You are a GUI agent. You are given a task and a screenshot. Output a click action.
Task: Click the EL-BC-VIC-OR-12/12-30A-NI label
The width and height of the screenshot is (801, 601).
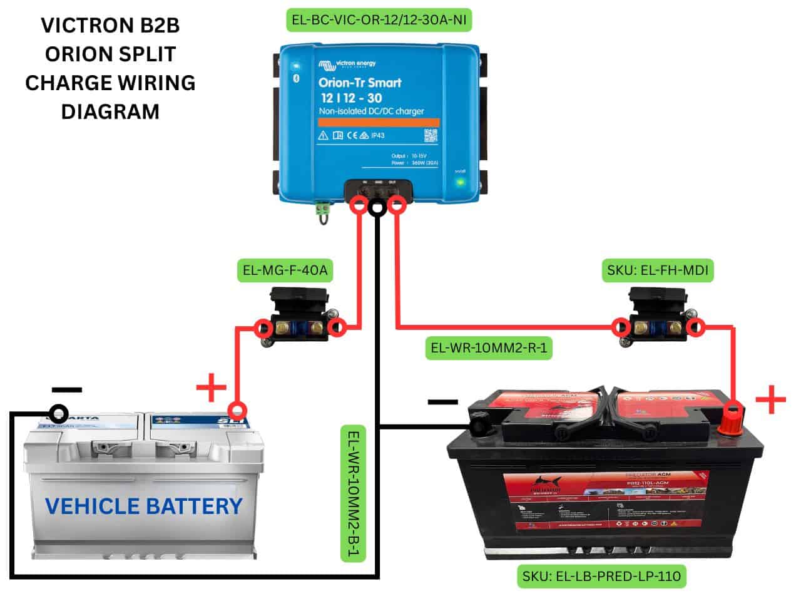379,20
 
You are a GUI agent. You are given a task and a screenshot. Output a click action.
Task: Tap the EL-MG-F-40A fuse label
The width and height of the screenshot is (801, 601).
285,271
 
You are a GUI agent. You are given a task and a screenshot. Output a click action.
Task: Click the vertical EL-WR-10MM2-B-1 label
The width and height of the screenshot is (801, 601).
354,493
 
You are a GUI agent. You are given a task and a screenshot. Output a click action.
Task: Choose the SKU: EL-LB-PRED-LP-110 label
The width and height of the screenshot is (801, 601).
601,575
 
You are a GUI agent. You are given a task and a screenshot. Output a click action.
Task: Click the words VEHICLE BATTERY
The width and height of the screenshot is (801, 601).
144,506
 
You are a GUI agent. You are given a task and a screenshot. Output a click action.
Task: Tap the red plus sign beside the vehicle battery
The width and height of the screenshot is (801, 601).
212,388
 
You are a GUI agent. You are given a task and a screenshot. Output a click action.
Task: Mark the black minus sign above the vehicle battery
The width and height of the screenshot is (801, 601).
67,389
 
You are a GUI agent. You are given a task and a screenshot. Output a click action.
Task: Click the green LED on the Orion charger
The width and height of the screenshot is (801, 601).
461,182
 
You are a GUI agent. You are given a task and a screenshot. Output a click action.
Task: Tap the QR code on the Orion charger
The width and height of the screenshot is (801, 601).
431,135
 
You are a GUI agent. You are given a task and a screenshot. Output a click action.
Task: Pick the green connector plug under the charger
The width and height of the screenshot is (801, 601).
323,212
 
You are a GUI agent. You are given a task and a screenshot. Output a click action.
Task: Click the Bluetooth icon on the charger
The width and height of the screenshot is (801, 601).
297,78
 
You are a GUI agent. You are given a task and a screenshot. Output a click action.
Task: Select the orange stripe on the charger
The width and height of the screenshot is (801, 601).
379,122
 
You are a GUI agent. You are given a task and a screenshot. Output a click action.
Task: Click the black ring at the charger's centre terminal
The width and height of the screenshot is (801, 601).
377,208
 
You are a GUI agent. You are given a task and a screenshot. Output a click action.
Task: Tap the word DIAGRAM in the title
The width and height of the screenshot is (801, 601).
110,111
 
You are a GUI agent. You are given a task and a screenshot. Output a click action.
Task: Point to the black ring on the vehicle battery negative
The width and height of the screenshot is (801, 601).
59,413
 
